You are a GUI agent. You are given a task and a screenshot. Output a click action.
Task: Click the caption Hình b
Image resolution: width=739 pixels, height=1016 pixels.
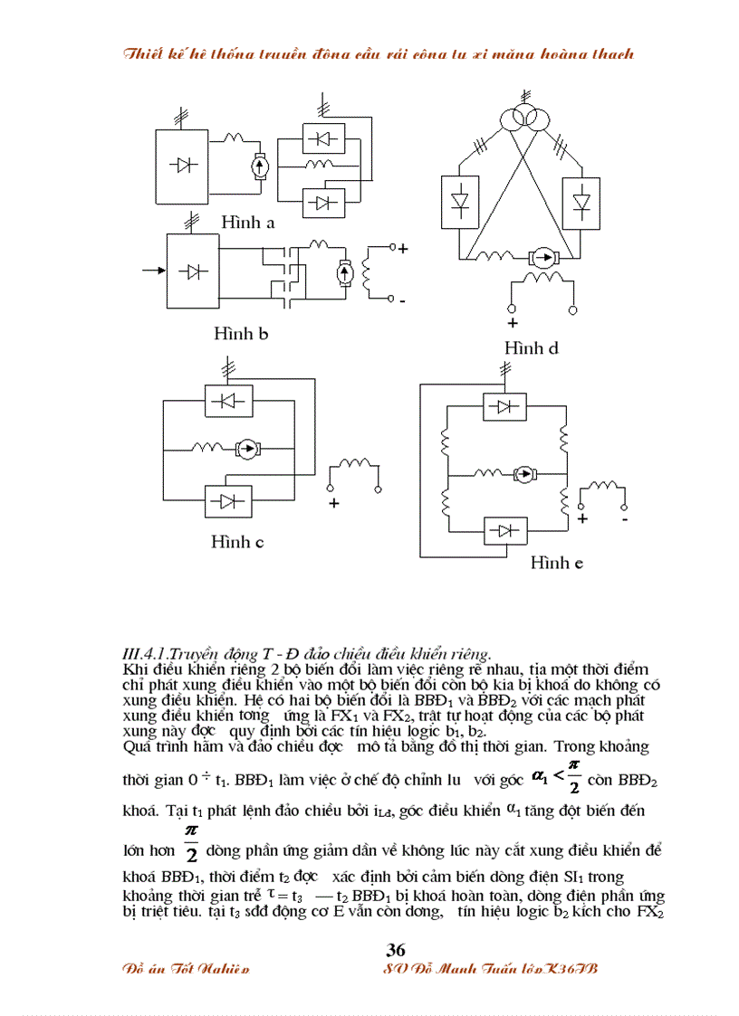click(241, 334)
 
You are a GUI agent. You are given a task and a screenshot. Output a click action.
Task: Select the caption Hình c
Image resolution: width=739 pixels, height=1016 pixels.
click(237, 543)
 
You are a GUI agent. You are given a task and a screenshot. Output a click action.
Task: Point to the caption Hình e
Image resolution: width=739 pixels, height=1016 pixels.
click(557, 563)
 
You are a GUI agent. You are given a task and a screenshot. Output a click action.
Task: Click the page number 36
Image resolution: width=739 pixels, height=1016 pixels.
click(396, 949)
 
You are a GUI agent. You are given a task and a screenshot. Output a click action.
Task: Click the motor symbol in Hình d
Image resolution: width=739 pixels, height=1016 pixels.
click(542, 258)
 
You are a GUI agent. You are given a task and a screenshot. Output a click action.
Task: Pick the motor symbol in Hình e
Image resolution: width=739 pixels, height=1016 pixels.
click(523, 473)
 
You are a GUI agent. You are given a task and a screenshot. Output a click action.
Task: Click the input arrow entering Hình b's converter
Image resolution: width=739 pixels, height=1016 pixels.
click(151, 270)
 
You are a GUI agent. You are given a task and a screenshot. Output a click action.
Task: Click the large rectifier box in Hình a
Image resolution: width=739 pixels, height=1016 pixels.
click(187, 166)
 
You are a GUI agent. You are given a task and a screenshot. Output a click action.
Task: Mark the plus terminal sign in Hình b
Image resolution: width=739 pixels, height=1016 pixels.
click(403, 248)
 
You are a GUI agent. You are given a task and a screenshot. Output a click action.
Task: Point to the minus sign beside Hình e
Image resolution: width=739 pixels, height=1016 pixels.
click(625, 519)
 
